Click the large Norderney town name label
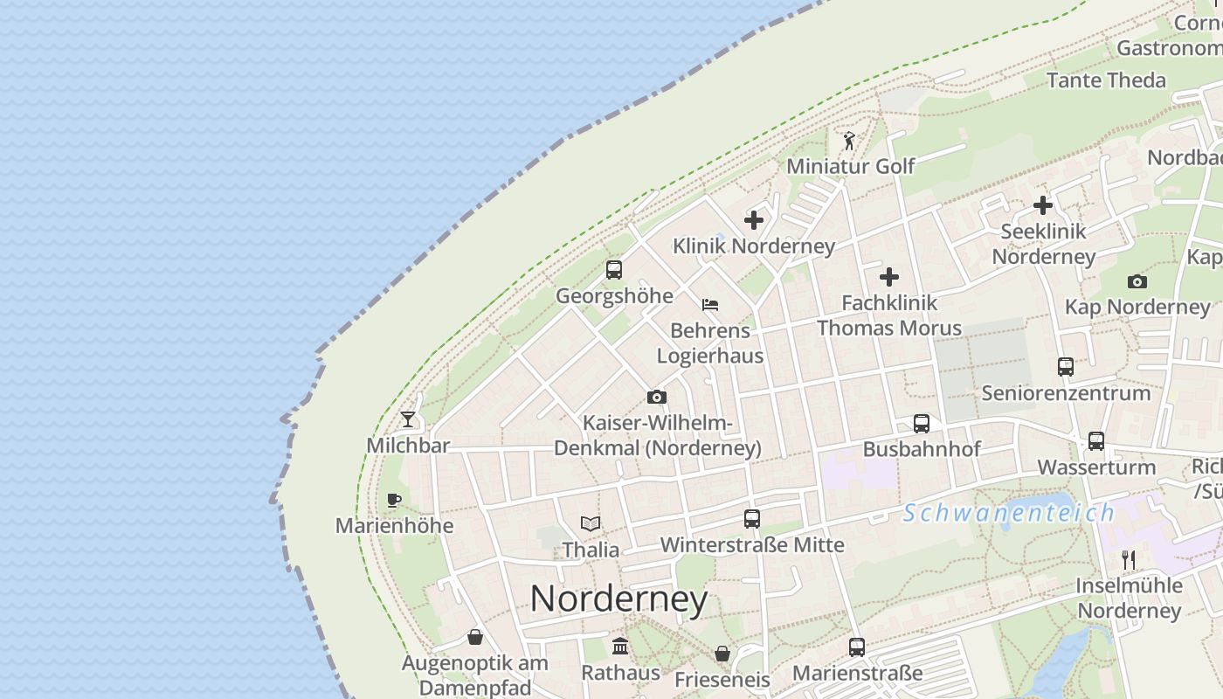pyautogui.click(x=618, y=599)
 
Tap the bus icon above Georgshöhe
pyautogui.click(x=614, y=270)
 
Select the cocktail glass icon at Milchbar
pyautogui.click(x=408, y=419)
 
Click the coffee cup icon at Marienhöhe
pyautogui.click(x=394, y=501)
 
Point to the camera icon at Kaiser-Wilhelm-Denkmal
pyautogui.click(x=657, y=398)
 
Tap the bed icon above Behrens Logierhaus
pyautogui.click(x=710, y=305)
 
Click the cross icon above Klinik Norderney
pyautogui.click(x=754, y=220)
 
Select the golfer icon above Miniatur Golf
pyautogui.click(x=849, y=141)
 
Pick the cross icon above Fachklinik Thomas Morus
pyautogui.click(x=889, y=277)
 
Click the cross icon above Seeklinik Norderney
pyautogui.click(x=1043, y=205)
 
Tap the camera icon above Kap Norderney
pyautogui.click(x=1137, y=281)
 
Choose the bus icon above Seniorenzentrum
pyautogui.click(x=1066, y=367)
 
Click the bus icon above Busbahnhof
pyautogui.click(x=922, y=424)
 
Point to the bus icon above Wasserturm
pyautogui.click(x=1096, y=441)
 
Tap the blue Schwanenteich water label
pyautogui.click(x=1009, y=513)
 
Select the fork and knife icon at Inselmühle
pyautogui.click(x=1129, y=559)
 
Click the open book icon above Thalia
pyautogui.click(x=591, y=524)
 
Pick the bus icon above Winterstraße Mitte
pyautogui.click(x=752, y=519)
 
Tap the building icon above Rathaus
pyautogui.click(x=620, y=647)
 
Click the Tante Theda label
pyautogui.click(x=1106, y=80)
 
